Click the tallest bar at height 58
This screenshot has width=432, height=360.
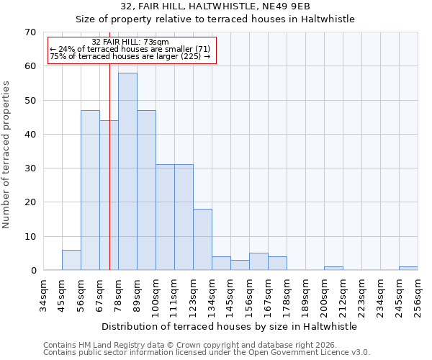[x=127, y=171]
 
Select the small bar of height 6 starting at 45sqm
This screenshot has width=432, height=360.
[x=71, y=260]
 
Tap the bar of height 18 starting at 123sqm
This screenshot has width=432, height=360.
[x=202, y=240]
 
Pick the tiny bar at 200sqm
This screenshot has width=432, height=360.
[x=333, y=269]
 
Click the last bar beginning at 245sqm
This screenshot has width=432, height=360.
[x=408, y=269]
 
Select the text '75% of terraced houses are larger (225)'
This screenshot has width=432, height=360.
[x=130, y=56]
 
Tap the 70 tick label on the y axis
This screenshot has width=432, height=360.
[x=30, y=32]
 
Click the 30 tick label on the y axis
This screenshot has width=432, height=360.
[x=30, y=168]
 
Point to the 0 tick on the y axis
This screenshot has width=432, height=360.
[x=32, y=271]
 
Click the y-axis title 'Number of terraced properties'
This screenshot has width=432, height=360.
[x=7, y=155]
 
